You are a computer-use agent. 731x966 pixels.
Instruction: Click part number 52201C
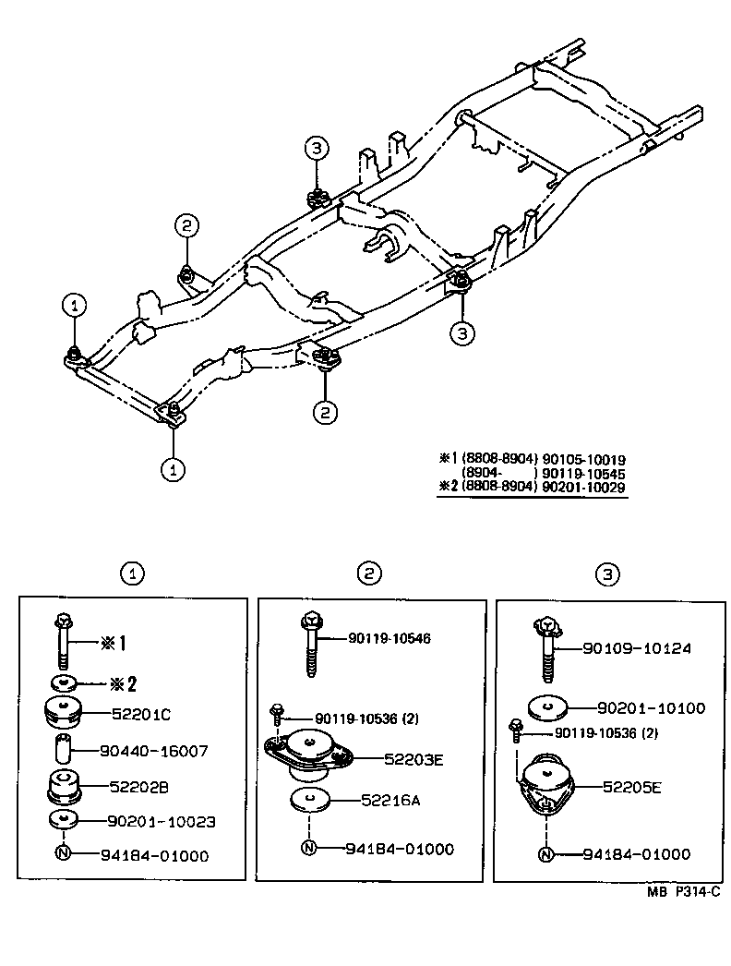pyautogui.click(x=142, y=713)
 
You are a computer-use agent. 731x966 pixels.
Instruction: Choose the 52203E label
pyautogui.click(x=413, y=759)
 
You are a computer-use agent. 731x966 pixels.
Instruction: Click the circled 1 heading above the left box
pyautogui.click(x=133, y=574)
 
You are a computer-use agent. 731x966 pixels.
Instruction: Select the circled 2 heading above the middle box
pyautogui.click(x=369, y=574)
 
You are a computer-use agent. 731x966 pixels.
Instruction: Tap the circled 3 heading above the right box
pyautogui.click(x=606, y=574)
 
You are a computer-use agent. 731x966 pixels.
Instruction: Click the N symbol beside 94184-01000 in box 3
pyautogui.click(x=546, y=854)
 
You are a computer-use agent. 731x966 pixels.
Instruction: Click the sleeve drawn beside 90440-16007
pyautogui.click(x=63, y=750)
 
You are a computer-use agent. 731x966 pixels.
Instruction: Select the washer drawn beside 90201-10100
pyautogui.click(x=546, y=707)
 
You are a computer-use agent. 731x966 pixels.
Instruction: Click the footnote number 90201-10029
pyautogui.click(x=584, y=486)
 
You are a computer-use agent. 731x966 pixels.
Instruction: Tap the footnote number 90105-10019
pyautogui.click(x=584, y=458)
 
